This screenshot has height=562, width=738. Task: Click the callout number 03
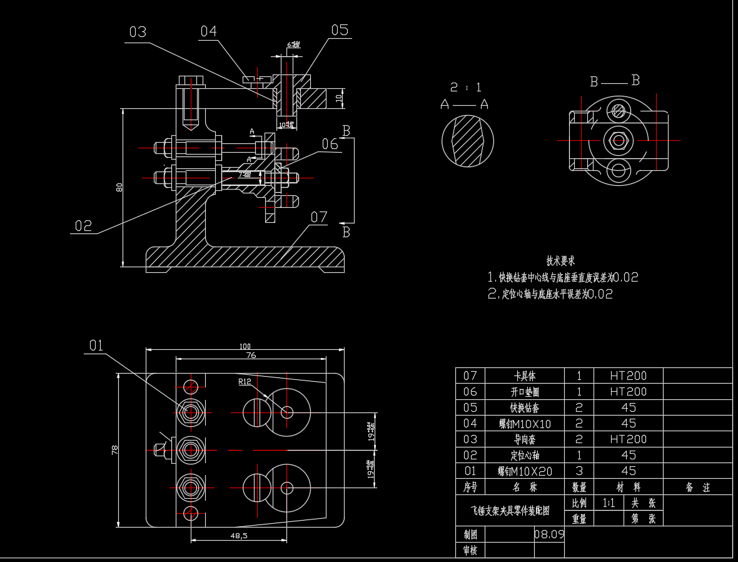click(138, 32)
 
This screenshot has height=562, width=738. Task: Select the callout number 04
click(208, 31)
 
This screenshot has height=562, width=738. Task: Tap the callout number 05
click(340, 30)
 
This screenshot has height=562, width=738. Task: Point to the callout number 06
click(330, 144)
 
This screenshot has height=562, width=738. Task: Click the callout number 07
click(319, 217)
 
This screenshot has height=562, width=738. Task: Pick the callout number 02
click(83, 226)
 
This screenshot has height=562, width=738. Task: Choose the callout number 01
click(96, 345)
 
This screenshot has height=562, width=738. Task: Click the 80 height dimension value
click(119, 187)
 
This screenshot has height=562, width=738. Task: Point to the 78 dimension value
click(114, 449)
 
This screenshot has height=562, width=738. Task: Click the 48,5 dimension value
click(239, 536)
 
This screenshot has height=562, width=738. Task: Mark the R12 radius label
click(245, 381)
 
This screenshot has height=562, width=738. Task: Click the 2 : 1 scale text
click(466, 88)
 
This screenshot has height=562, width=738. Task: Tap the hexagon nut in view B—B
click(619, 140)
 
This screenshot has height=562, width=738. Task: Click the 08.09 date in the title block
click(549, 534)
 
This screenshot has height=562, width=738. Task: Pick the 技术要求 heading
click(560, 261)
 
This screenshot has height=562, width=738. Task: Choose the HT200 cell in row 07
click(628, 376)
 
